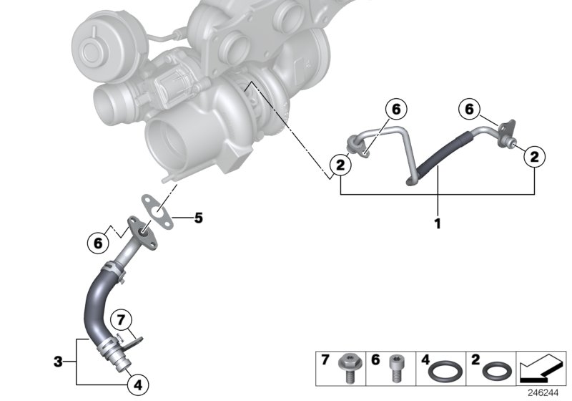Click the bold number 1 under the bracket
click(437, 223)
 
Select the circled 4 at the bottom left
click(138, 385)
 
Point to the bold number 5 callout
click(199, 218)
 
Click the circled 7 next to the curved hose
click(122, 318)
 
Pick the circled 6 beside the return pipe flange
click(97, 243)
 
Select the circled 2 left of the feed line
click(340, 166)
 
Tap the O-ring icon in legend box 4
click(448, 372)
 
